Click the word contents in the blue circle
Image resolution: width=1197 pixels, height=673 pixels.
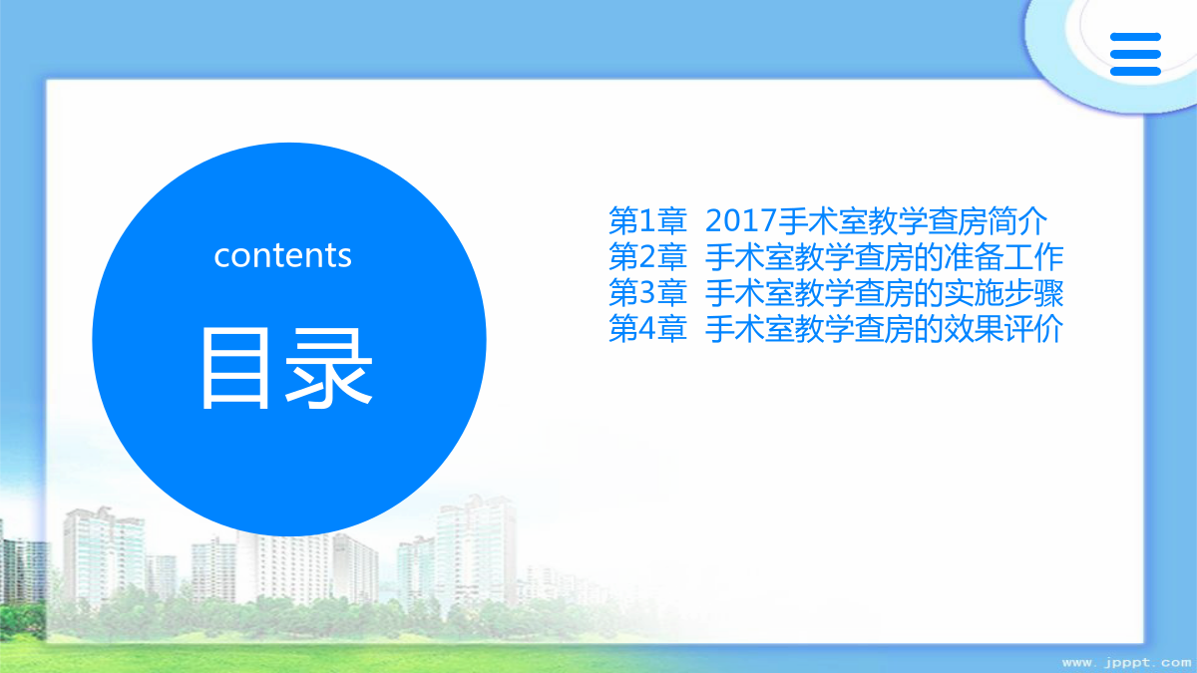tap(282, 256)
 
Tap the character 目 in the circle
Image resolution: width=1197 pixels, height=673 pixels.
tap(235, 369)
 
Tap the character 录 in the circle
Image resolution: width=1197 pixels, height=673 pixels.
tap(328, 369)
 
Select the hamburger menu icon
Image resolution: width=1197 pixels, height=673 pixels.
tap(1135, 54)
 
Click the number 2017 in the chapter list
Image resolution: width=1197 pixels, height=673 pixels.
tap(741, 220)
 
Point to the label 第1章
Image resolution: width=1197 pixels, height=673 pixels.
tap(647, 220)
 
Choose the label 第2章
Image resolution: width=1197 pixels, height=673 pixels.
tap(647, 257)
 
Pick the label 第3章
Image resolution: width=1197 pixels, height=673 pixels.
tap(647, 293)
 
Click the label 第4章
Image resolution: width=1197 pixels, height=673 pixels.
tap(647, 329)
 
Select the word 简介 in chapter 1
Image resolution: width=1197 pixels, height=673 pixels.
tap(1017, 220)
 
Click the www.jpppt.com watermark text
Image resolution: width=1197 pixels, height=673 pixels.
tap(1126, 663)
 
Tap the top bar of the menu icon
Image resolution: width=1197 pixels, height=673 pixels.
tap(1135, 36)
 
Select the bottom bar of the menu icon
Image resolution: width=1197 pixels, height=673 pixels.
tap(1135, 72)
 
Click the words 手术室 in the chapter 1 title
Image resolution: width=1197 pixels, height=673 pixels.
tap(822, 220)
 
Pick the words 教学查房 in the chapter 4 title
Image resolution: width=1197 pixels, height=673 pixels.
tap(854, 329)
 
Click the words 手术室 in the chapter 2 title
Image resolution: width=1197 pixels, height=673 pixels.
tap(750, 257)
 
